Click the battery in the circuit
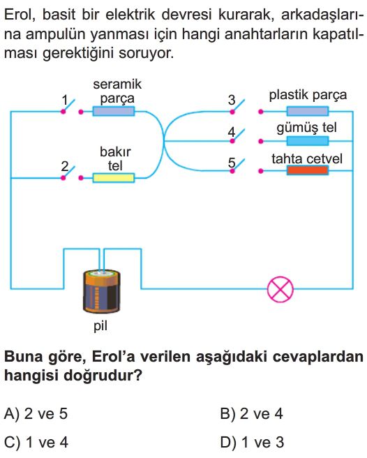tap(102, 292)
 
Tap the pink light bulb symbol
tap(280, 289)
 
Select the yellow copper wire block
tap(114, 177)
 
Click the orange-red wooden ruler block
tap(308, 170)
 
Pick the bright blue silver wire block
tap(308, 141)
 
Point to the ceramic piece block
tap(114, 111)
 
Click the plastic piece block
tap(308, 111)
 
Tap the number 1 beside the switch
tap(65, 101)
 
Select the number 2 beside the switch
tap(64, 166)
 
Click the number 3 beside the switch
tap(232, 101)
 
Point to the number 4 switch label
tap(232, 132)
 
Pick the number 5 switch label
tap(232, 163)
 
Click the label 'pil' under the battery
tap(100, 325)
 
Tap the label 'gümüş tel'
tap(306, 128)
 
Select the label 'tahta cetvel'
tap(307, 159)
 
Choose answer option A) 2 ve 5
tap(36, 413)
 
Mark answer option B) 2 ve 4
tap(252, 413)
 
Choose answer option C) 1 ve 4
tap(36, 442)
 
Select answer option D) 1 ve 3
tap(252, 442)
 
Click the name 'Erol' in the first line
tap(20, 15)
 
